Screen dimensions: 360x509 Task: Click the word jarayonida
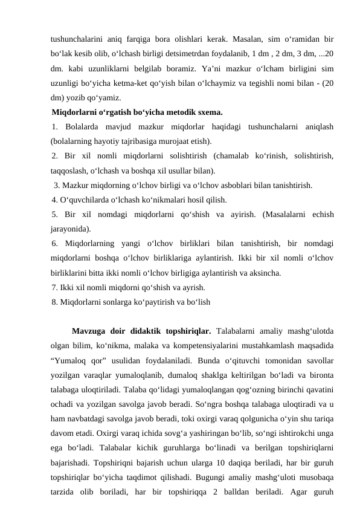click(70, 229)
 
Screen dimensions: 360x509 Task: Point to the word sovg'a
click(179, 433)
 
